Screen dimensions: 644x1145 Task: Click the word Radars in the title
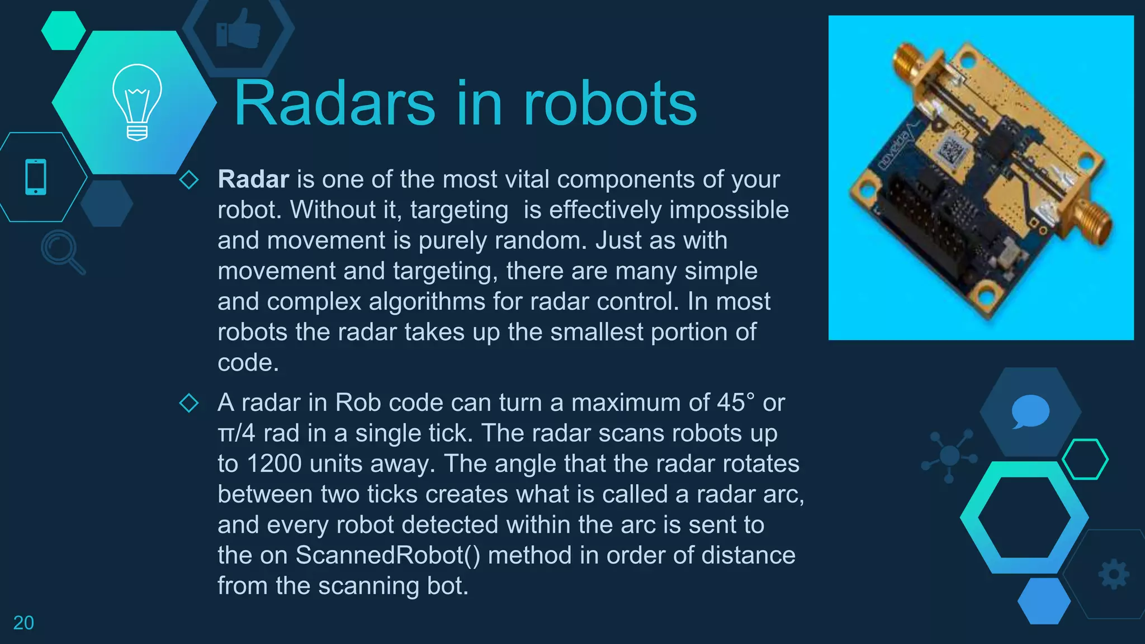334,104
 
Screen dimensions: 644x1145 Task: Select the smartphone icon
36,177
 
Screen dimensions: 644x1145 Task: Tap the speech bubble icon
1030,411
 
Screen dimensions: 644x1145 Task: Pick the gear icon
1114,574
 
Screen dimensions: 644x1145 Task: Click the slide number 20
23,623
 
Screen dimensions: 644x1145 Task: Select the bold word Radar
253,179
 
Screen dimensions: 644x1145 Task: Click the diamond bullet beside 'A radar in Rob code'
189,403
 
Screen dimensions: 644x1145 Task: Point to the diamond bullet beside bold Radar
189,180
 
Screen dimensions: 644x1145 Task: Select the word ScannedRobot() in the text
387,555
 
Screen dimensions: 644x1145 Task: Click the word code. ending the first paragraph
248,363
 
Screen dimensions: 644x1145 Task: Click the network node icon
949,455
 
